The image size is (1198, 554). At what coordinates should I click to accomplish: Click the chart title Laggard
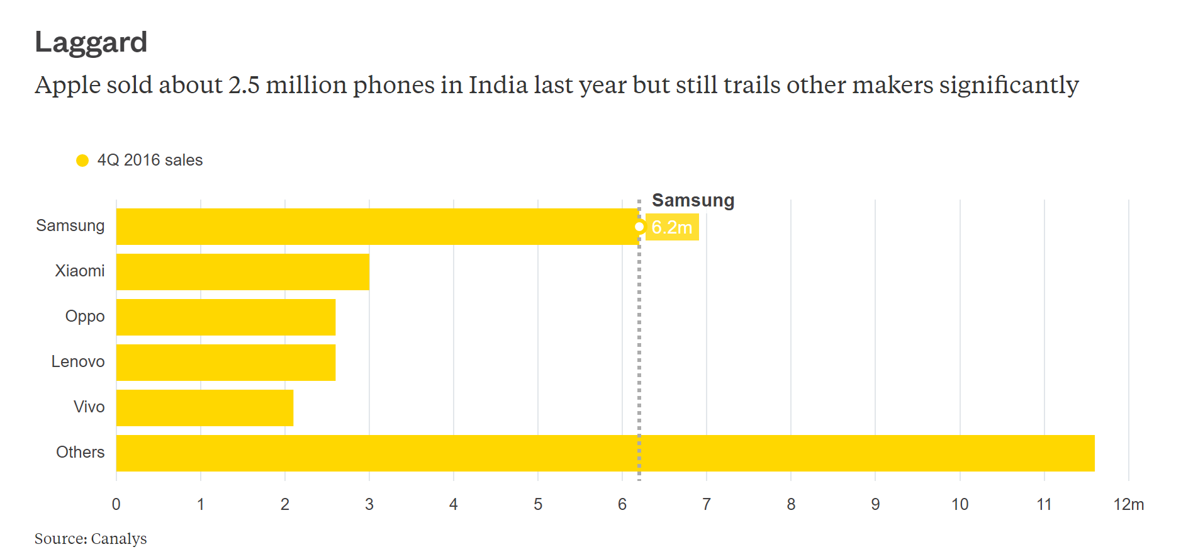(91, 43)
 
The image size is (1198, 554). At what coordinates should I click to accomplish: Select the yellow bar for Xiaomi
(242, 272)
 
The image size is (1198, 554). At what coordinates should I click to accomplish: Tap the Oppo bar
(225, 317)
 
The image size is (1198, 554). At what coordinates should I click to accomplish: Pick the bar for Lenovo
(225, 363)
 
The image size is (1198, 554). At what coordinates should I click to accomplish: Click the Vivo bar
(204, 408)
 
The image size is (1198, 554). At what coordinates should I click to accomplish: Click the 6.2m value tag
(672, 227)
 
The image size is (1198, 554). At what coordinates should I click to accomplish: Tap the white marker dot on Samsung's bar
(639, 227)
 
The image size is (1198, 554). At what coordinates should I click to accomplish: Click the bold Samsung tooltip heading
(693, 200)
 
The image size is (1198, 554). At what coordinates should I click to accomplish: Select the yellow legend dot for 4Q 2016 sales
(82, 161)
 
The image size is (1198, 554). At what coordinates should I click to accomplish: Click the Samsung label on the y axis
(70, 225)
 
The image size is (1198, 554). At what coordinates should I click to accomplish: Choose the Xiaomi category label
(79, 271)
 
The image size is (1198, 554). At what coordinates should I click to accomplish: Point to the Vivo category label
(89, 407)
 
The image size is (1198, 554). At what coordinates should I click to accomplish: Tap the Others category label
(80, 452)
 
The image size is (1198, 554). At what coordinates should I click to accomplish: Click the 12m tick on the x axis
(1128, 504)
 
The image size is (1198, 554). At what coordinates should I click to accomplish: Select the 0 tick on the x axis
(116, 504)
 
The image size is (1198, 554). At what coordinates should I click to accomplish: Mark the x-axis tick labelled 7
(707, 504)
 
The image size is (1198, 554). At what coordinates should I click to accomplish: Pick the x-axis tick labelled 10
(960, 504)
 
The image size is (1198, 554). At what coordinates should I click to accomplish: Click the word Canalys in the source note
(119, 539)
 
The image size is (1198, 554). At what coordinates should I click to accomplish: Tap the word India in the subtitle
(497, 85)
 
